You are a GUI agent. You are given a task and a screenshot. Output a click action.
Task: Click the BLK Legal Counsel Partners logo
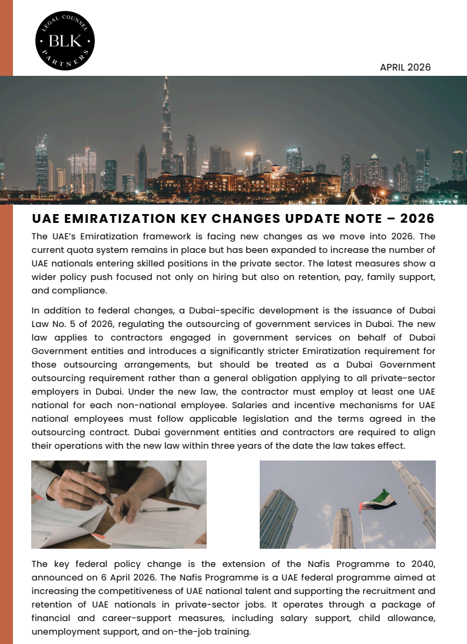(x=65, y=41)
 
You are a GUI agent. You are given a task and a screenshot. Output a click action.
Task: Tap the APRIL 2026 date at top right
(x=405, y=67)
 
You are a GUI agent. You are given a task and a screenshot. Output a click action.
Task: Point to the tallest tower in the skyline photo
(x=167, y=129)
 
